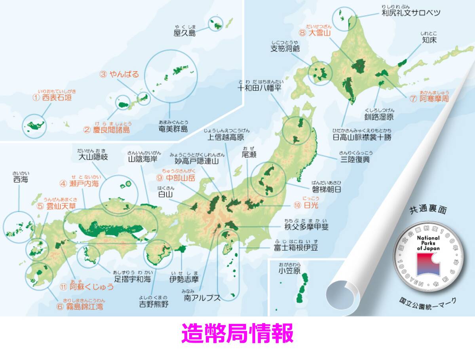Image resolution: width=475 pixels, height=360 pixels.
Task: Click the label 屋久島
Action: click(184, 34)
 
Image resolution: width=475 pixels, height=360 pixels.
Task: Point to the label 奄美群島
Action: click(173, 129)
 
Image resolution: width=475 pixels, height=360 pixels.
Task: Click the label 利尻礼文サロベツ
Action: click(411, 13)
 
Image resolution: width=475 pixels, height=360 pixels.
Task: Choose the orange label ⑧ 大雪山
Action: click(315, 33)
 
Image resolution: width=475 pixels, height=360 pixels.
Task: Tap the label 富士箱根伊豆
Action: click(296, 248)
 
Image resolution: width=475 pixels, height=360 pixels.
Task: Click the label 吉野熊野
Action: click(153, 304)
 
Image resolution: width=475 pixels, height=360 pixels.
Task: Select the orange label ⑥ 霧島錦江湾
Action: click(80, 306)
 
